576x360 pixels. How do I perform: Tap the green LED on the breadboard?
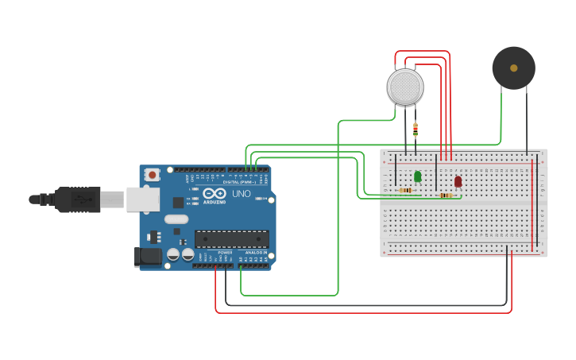click(x=418, y=176)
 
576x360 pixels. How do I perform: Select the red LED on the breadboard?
click(x=458, y=181)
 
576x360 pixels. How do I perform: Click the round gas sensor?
click(x=405, y=87)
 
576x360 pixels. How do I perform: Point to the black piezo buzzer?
click(x=513, y=68)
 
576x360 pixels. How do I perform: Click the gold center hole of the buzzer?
click(x=514, y=68)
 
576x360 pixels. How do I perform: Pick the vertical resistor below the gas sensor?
click(x=416, y=129)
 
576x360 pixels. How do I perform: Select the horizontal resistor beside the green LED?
click(x=405, y=191)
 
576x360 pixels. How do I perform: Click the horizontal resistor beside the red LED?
click(x=446, y=195)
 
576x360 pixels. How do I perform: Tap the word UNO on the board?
click(x=241, y=194)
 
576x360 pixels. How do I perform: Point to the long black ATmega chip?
click(x=231, y=238)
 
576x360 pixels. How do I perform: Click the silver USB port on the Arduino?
click(x=143, y=199)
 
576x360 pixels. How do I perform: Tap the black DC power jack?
click(x=147, y=257)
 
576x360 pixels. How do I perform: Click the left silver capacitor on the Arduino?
click(x=172, y=255)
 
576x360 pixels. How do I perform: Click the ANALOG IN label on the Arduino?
click(x=254, y=252)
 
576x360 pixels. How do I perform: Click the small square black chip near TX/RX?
click(x=178, y=203)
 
